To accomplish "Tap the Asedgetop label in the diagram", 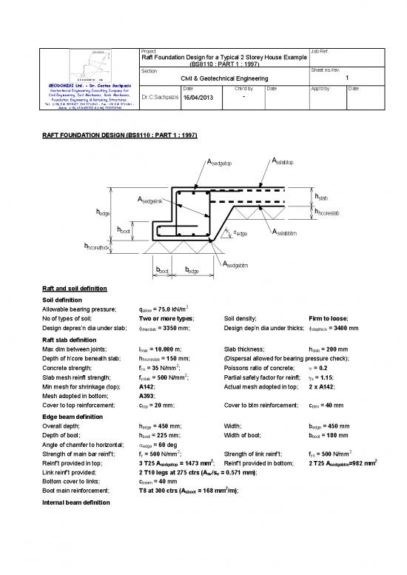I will coord(216,163).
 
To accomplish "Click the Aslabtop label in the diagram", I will coord(283,162).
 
